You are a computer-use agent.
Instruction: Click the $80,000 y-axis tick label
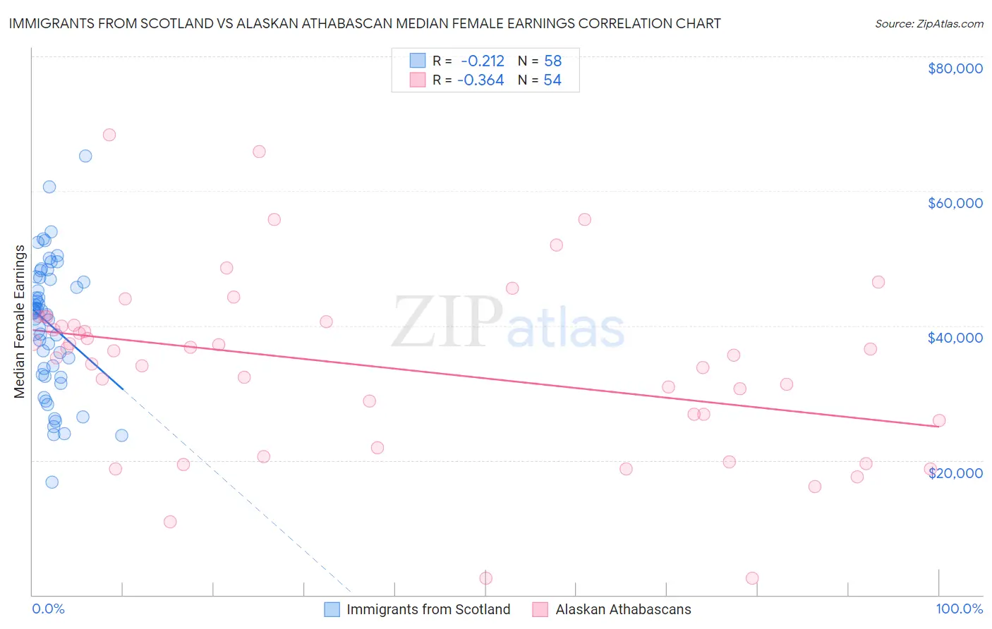click(x=955, y=68)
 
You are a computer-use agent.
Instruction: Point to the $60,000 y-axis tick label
click(x=955, y=203)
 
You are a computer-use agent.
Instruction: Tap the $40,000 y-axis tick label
click(x=955, y=338)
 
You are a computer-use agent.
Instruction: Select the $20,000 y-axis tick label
click(x=955, y=473)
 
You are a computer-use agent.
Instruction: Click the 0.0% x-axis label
click(x=48, y=609)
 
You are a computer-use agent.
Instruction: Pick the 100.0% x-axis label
click(x=959, y=609)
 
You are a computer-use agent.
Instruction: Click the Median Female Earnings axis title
click(x=20, y=322)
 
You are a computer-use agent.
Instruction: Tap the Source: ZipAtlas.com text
click(x=929, y=24)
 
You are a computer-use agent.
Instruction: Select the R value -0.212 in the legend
click(x=483, y=61)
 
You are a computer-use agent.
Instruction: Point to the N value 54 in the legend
click(x=552, y=80)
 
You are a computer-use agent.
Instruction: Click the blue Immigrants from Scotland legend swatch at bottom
click(x=332, y=609)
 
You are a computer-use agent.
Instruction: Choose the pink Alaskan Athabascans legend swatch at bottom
click(x=540, y=609)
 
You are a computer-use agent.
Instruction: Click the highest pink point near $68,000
click(x=109, y=135)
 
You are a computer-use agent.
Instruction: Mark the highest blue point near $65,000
click(x=85, y=156)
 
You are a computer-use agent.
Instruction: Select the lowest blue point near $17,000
click(x=52, y=482)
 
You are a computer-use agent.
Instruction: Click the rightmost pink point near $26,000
click(x=939, y=420)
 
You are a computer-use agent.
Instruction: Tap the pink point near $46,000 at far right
click(x=878, y=282)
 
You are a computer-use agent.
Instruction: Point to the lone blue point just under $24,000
click(x=121, y=435)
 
